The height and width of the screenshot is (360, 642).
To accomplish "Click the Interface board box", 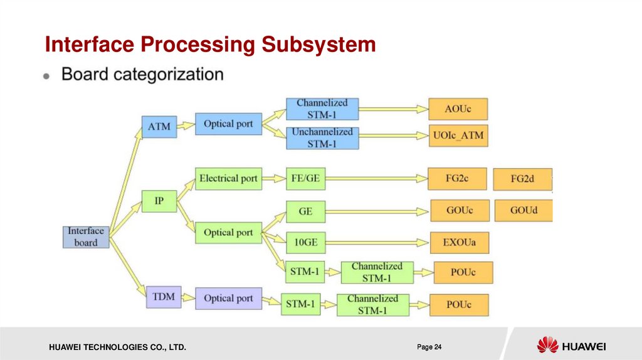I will (x=86, y=236).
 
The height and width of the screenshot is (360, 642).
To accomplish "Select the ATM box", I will (x=159, y=127).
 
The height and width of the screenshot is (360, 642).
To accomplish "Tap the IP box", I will (x=159, y=201).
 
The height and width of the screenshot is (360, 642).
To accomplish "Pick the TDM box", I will (x=164, y=296).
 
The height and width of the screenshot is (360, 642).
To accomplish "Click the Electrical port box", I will (x=228, y=179).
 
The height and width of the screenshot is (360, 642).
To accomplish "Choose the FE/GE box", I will (x=305, y=179).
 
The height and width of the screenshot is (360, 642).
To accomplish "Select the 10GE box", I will (x=305, y=242).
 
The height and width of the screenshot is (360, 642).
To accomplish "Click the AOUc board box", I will (x=458, y=109).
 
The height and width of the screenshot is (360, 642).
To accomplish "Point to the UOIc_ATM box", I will (x=458, y=135).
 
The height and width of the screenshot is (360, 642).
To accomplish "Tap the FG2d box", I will (x=522, y=179).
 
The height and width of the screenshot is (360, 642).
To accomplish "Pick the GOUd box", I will (x=524, y=210).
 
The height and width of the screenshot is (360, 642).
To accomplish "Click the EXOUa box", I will (x=459, y=242).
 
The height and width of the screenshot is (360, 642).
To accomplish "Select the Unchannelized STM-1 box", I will (x=322, y=138).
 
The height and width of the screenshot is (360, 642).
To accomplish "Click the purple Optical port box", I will (x=228, y=299).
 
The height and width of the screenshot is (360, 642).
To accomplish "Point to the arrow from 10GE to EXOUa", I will (x=376, y=242).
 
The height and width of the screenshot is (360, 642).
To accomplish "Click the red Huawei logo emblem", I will (x=547, y=345).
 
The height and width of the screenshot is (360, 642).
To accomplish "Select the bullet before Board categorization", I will (x=47, y=76).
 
